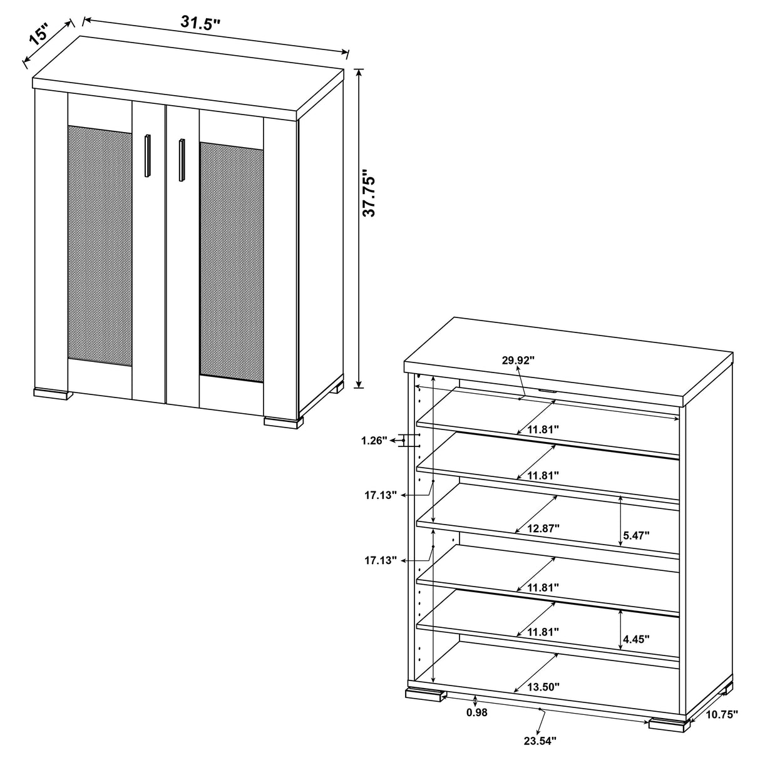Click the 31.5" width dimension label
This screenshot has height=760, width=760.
click(201, 23)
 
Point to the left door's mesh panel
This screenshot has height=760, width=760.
click(100, 245)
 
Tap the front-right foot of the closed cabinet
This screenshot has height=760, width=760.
click(281, 422)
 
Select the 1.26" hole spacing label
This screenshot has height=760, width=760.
click(374, 441)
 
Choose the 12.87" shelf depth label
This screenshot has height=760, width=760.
click(543, 528)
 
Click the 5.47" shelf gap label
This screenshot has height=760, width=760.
click(636, 535)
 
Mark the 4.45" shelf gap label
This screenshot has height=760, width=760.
click(636, 639)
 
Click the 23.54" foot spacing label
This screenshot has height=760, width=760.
click(540, 741)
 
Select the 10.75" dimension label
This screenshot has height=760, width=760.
click(721, 714)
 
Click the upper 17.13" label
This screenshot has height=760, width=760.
click(381, 495)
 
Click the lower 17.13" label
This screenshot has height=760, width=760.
click(381, 560)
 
